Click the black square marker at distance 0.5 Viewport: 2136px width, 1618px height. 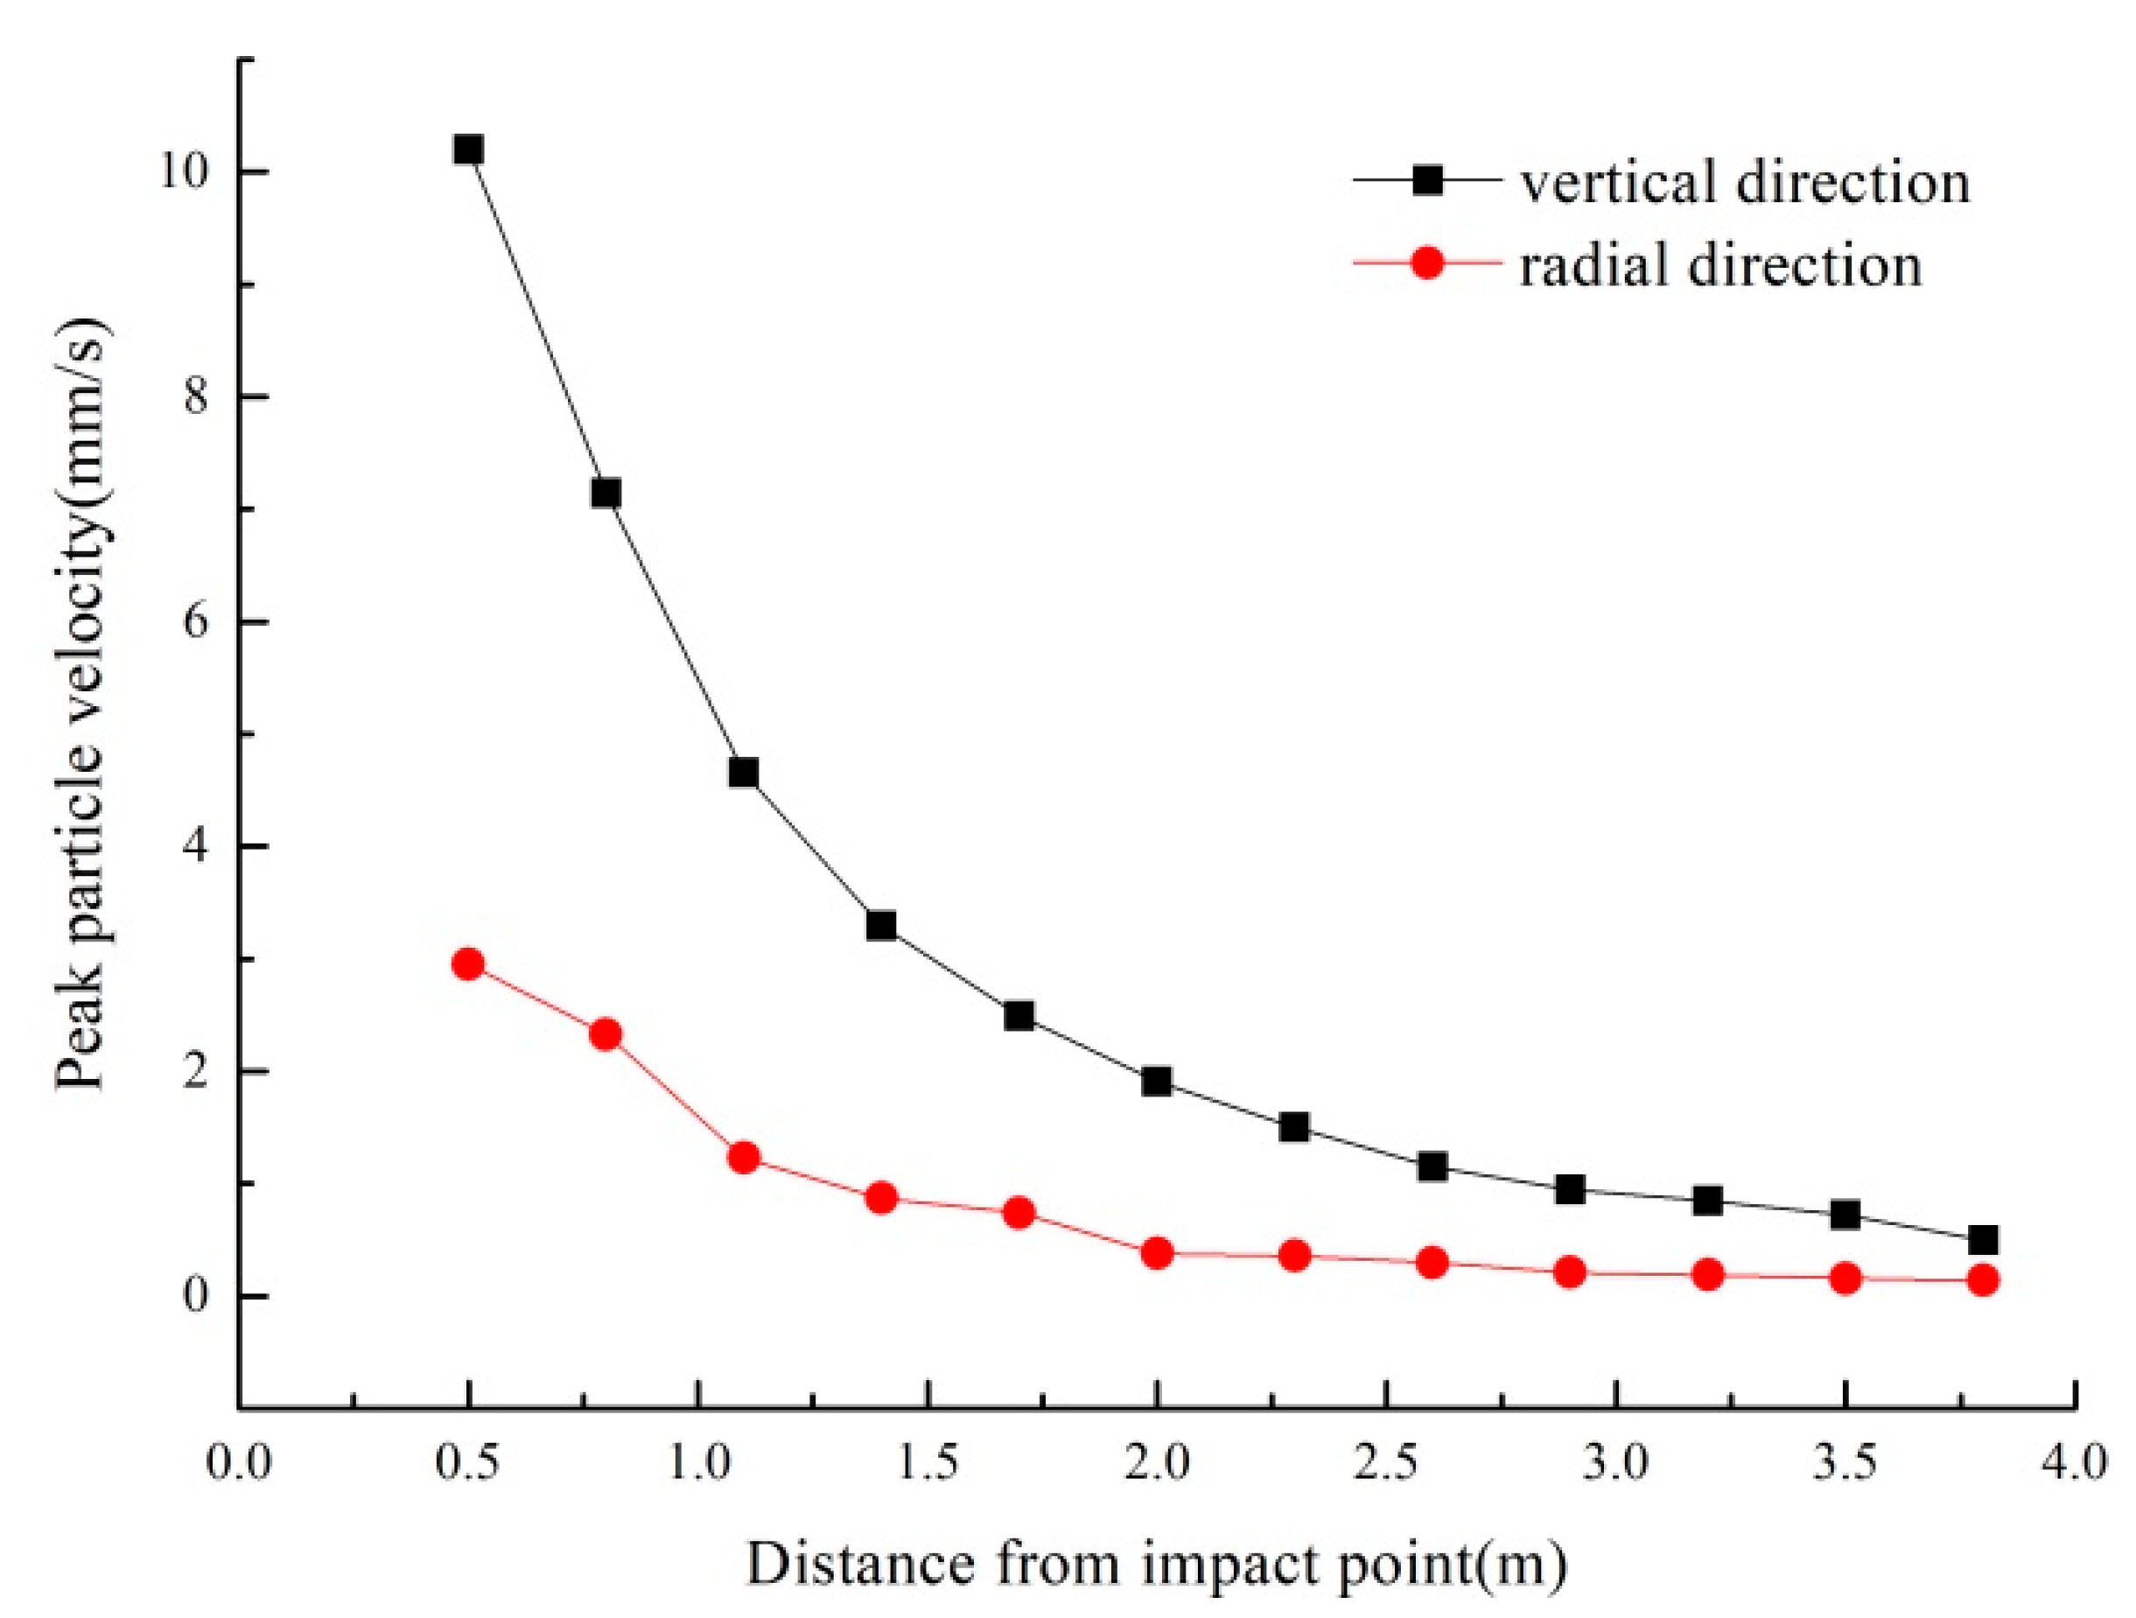(468, 150)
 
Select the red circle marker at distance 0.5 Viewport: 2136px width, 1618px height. (468, 963)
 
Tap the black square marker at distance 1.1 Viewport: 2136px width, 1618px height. (743, 773)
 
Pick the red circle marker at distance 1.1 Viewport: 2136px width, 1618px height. (743, 1157)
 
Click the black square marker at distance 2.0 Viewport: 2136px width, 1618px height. (1156, 1082)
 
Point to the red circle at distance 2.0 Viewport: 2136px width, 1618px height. (1156, 1254)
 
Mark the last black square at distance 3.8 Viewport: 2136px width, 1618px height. (1983, 1240)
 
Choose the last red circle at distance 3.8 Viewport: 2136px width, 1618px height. (1983, 1281)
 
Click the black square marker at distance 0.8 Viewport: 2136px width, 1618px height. (606, 494)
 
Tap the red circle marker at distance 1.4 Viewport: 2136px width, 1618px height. (880, 1199)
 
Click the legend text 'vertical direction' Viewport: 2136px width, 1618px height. (1745, 181)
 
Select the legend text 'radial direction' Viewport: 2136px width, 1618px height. (1720, 264)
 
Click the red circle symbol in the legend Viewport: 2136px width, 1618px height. (1427, 262)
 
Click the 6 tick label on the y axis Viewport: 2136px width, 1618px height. (196, 621)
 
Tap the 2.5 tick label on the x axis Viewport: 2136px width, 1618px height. (1387, 1463)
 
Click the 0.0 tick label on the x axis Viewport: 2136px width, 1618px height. (239, 1463)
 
